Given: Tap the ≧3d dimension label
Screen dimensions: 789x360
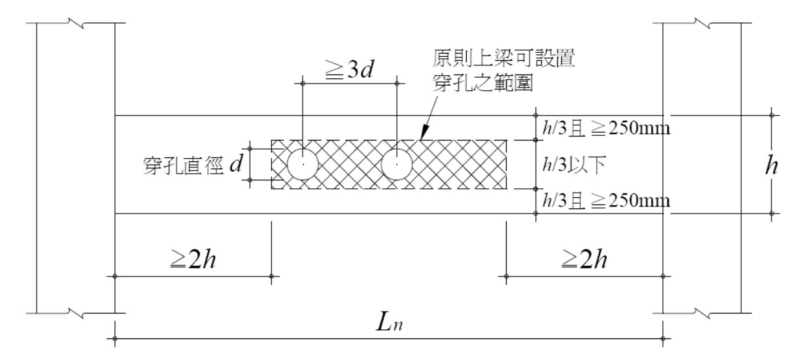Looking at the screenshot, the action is click(349, 69).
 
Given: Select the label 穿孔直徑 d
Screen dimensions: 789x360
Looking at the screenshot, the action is click(193, 165).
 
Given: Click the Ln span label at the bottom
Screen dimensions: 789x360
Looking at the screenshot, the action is click(389, 322).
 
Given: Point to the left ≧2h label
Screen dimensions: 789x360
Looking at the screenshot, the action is click(193, 259).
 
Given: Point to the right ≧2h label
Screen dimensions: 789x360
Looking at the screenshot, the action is click(584, 259).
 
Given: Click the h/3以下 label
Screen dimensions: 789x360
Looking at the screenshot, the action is click(574, 165).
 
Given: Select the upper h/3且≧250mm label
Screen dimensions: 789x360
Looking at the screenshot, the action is click(606, 128).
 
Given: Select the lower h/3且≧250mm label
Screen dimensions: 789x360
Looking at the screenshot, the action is click(606, 201).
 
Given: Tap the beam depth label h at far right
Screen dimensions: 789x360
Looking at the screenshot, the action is click(771, 165).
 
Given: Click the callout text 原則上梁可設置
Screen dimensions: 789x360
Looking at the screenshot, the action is click(504, 58).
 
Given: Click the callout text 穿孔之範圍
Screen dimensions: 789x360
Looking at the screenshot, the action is click(482, 83).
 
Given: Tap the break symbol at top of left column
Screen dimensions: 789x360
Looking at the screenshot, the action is click(76, 24).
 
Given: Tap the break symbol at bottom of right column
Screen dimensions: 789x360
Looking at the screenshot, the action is click(702, 313).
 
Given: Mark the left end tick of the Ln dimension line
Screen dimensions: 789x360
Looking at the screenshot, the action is click(115, 339).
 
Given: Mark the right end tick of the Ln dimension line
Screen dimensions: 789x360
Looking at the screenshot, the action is click(663, 339).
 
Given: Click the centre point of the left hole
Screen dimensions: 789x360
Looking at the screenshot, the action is click(303, 165).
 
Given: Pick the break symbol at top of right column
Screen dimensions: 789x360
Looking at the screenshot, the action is click(702, 24).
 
